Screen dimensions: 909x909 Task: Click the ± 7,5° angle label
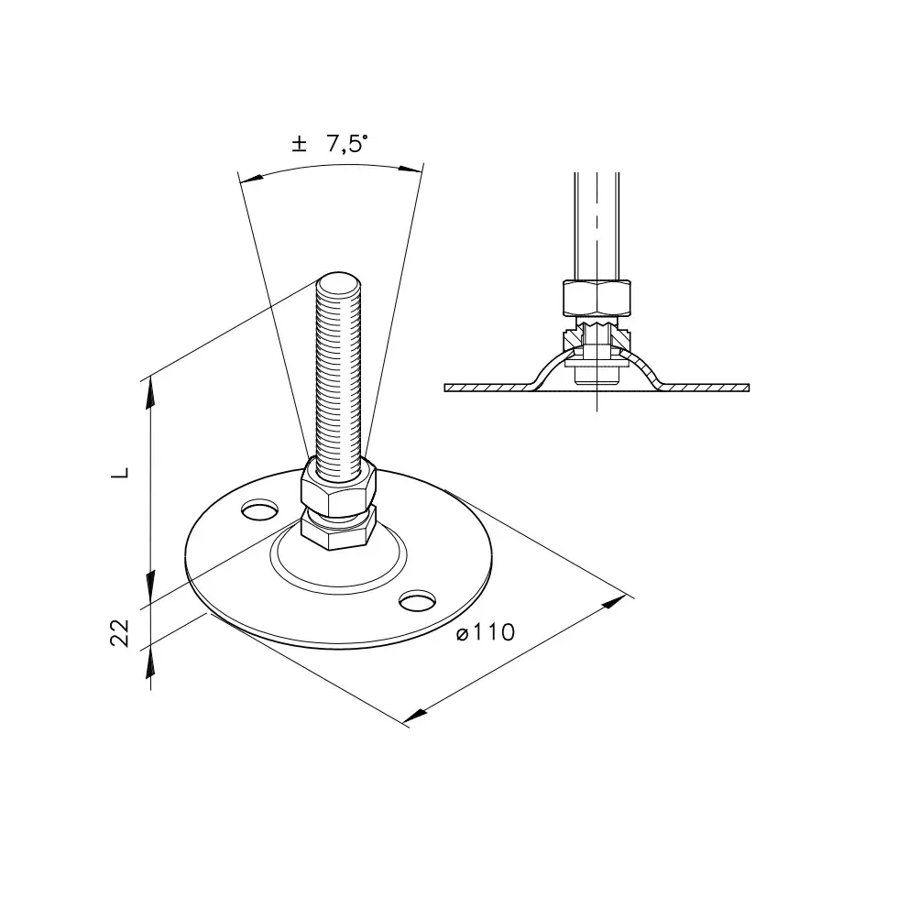330,143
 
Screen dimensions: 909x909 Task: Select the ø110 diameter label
486,632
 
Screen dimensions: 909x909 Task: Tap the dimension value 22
119,632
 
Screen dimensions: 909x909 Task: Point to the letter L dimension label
120,473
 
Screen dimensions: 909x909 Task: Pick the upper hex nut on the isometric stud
338,486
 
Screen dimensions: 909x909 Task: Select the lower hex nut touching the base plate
339,529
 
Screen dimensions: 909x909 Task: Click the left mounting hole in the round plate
259,510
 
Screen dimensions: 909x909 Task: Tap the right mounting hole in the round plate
418,600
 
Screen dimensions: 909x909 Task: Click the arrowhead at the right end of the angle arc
411,169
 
